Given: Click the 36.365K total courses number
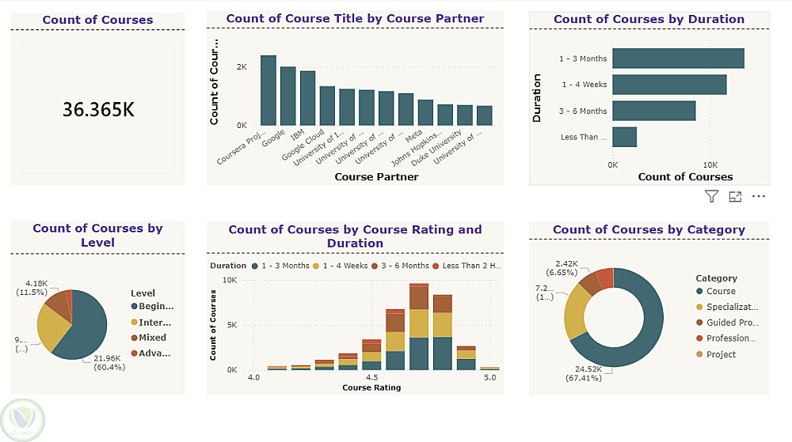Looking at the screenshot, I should tap(98, 109).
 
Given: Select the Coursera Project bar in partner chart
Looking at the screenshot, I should tap(268, 91).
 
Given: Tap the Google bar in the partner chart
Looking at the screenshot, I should tap(288, 96).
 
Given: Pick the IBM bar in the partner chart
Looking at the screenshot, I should tap(308, 99).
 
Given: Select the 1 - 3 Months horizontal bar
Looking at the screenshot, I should tap(678, 59).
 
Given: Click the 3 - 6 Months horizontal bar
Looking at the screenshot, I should tap(653, 111).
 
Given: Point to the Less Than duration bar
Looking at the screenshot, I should tap(624, 137).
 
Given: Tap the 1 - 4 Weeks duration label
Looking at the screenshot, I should tap(584, 85).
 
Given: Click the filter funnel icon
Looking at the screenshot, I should tap(711, 196).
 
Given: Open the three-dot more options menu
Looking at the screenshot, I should tap(759, 196).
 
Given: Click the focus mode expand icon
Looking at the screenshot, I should tap(735, 196).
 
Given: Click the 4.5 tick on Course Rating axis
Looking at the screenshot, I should tap(371, 378).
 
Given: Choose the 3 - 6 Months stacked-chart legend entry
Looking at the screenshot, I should tap(402, 266).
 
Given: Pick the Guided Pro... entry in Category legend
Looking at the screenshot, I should tap(727, 323).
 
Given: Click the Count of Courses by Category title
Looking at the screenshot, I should tap(649, 229).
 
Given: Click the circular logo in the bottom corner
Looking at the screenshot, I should tap(23, 420).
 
